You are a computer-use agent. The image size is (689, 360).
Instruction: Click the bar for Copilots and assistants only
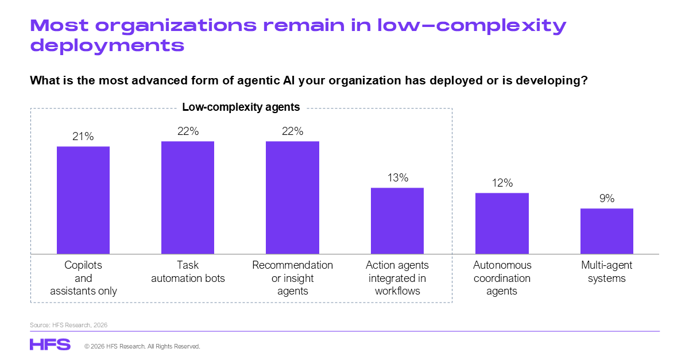83,200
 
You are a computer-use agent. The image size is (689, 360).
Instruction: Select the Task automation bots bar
188,198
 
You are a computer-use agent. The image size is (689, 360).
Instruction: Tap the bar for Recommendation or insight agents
292,198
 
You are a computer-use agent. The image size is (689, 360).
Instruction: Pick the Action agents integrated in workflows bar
397,220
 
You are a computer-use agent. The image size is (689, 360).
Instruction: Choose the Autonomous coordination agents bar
502,223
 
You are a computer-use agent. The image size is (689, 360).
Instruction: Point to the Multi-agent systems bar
607,231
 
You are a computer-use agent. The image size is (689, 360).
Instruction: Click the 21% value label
83,137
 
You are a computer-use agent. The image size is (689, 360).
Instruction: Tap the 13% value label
397,178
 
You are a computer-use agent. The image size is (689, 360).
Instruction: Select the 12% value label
502,183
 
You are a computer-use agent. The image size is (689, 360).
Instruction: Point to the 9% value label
607,199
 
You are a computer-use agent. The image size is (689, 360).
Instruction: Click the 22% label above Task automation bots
188,131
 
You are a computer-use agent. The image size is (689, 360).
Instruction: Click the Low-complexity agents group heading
241,107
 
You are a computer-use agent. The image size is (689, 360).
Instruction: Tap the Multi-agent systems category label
607,272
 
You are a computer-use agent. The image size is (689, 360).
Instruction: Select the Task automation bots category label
188,272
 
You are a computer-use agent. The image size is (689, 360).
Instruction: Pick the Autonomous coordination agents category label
502,278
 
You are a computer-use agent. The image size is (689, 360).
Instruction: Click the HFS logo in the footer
50,344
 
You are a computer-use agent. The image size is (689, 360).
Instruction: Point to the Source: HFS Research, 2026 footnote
69,325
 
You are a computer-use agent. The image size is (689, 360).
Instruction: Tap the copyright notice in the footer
142,347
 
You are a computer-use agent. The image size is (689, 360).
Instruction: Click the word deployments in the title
107,45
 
